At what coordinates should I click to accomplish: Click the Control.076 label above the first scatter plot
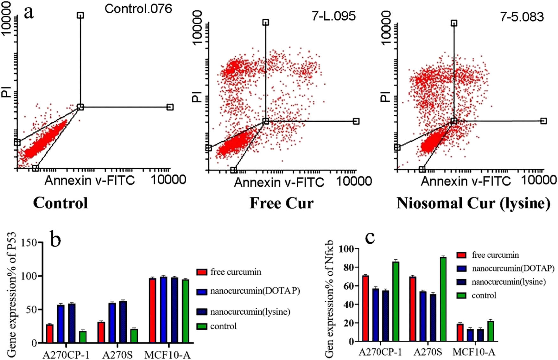pyautogui.click(x=138, y=9)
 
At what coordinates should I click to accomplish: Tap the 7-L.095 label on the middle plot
pyautogui.click(x=333, y=16)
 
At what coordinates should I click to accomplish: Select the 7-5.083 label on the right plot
pyautogui.click(x=522, y=16)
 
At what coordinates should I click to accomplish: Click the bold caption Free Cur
pyautogui.click(x=281, y=203)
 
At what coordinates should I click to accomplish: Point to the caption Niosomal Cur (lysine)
pyautogui.click(x=473, y=203)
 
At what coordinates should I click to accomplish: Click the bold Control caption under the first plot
pyautogui.click(x=60, y=203)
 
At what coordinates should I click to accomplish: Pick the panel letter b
pyautogui.click(x=56, y=240)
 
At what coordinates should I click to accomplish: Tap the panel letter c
pyautogui.click(x=370, y=237)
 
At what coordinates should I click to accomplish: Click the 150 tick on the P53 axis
pyautogui.click(x=29, y=243)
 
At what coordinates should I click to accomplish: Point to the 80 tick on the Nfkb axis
pyautogui.click(x=346, y=267)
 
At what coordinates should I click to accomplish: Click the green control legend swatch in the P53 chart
pyautogui.click(x=202, y=326)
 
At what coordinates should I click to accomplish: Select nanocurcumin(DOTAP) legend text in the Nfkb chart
pyautogui.click(x=513, y=268)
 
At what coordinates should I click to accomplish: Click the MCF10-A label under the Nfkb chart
pyautogui.click(x=474, y=352)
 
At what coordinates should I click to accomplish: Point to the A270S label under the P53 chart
pyautogui.click(x=117, y=355)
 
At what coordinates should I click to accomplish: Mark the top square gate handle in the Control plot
pyautogui.click(x=80, y=15)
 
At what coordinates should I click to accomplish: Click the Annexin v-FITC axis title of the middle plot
pyautogui.click(x=279, y=183)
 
